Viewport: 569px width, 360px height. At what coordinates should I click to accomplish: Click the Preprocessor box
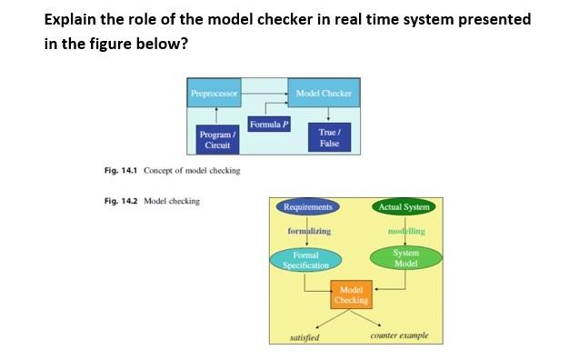tap(215, 93)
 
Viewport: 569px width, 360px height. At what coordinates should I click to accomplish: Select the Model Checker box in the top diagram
tap(323, 93)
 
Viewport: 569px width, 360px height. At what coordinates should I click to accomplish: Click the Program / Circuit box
tap(215, 140)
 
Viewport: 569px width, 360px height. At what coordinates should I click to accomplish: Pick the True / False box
tap(328, 137)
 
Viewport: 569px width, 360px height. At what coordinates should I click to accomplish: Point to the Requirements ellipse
tap(307, 207)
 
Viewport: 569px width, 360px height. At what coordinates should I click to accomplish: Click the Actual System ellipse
tap(404, 207)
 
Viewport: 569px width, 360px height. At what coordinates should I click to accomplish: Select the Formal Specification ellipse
tap(306, 260)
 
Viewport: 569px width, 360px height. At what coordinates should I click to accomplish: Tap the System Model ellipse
tap(405, 257)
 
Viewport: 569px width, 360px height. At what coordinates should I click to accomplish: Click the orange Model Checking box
tap(352, 295)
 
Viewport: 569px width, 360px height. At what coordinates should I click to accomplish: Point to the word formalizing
tap(309, 232)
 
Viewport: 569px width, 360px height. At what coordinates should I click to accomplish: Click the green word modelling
tap(405, 231)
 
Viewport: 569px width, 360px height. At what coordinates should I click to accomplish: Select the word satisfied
tap(304, 336)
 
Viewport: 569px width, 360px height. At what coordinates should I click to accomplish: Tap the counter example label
tap(399, 335)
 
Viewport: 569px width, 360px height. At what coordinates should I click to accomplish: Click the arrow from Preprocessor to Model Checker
tap(265, 93)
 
